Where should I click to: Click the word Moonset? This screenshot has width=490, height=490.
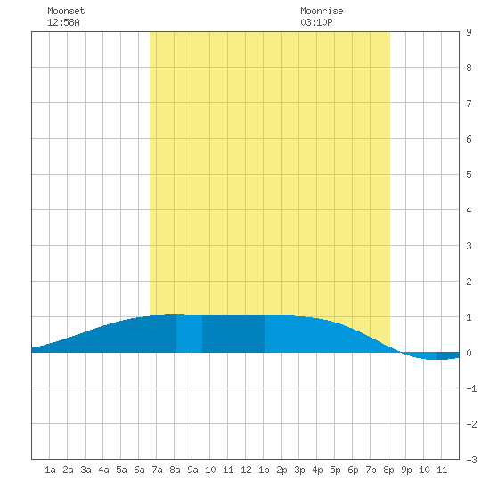66,11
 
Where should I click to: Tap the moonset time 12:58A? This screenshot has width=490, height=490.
63,22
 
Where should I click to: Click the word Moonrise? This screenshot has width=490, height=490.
322,11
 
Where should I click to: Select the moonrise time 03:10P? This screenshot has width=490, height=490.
316,22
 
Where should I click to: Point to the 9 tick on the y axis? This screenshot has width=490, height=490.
469,32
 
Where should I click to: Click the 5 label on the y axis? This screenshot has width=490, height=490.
469,175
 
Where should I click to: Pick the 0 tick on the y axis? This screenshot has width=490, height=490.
469,353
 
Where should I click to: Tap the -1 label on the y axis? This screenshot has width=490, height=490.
471,388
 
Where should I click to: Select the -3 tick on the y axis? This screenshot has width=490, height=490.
471,460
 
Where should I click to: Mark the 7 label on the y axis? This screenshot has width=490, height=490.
469,103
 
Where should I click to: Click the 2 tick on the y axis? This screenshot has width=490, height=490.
469,282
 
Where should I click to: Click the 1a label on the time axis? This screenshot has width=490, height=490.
50,470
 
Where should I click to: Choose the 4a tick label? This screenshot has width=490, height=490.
103,470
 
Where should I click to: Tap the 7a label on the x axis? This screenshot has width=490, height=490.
157,470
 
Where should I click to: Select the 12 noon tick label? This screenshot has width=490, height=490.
246,470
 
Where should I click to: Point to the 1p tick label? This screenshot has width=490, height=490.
264,470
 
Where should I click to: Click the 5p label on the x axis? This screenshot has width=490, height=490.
335,470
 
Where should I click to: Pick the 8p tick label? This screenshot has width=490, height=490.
388,470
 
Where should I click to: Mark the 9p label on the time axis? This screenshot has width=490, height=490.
406,470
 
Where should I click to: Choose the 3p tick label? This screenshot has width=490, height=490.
299,470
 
